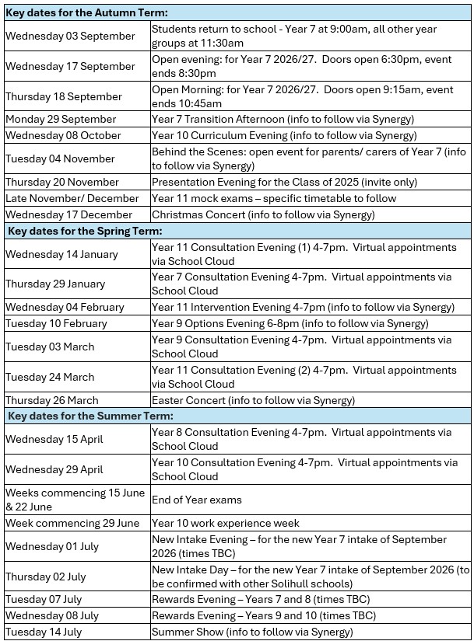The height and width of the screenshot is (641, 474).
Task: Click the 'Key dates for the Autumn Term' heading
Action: tap(87, 13)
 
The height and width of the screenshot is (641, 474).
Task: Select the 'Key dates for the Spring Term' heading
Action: tap(85, 231)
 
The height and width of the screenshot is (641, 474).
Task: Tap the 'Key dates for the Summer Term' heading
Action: tap(88, 416)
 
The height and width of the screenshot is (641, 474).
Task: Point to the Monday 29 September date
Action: tap(61, 119)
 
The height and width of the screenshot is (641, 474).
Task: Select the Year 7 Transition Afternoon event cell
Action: tap(283, 119)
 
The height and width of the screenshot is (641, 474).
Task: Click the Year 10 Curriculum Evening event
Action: tap(286, 135)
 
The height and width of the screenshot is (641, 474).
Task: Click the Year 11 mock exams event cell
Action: tap(274, 198)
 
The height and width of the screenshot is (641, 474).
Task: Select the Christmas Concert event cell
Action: tap(263, 214)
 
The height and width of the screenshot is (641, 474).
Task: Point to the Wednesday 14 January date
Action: tap(61, 254)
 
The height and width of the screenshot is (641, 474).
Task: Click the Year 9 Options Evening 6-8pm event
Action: tap(290, 323)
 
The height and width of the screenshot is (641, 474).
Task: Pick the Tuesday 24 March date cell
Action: tap(50, 377)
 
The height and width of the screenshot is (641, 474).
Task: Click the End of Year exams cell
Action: tap(197, 500)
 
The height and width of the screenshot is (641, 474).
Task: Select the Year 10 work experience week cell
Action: tap(226, 523)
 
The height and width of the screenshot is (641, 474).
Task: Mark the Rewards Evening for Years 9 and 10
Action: tap(264, 615)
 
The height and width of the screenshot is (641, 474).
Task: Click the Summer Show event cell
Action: tap(252, 632)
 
